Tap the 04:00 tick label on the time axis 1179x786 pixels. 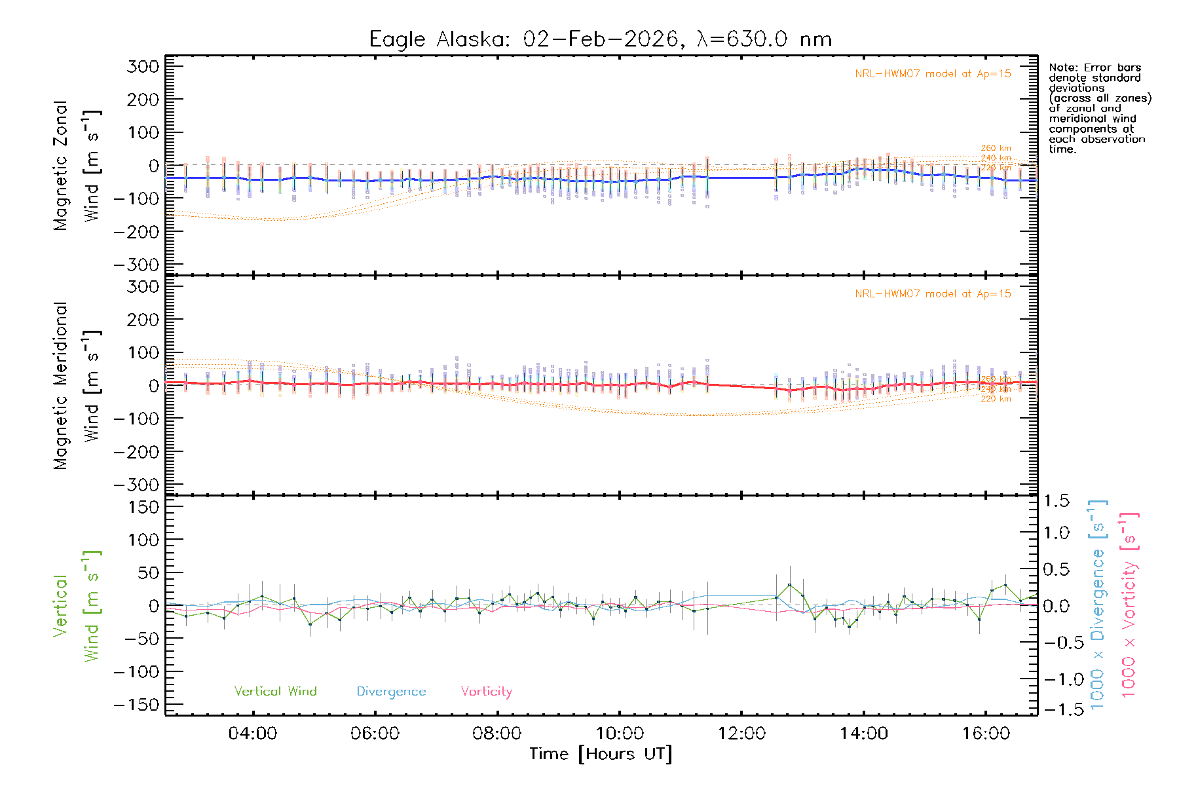[252, 734]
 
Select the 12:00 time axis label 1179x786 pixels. [741, 734]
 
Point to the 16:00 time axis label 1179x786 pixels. [985, 734]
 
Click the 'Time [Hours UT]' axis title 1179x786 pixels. [600, 754]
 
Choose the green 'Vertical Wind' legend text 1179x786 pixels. [275, 692]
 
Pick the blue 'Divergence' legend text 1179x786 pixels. [391, 692]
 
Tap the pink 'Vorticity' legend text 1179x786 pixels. [486, 692]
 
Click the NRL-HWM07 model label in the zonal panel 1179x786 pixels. [933, 74]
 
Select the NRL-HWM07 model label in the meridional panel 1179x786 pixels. [933, 294]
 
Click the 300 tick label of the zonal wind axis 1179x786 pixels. [143, 67]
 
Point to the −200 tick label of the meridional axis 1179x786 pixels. [137, 452]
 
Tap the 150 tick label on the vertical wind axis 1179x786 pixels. [143, 507]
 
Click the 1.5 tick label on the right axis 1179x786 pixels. [1057, 501]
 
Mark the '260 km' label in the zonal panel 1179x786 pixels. [996, 148]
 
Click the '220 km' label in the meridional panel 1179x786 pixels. [996, 399]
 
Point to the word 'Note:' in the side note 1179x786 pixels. [1064, 67]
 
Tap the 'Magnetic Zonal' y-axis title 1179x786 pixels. [61, 166]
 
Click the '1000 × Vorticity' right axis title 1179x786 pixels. [1129, 605]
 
